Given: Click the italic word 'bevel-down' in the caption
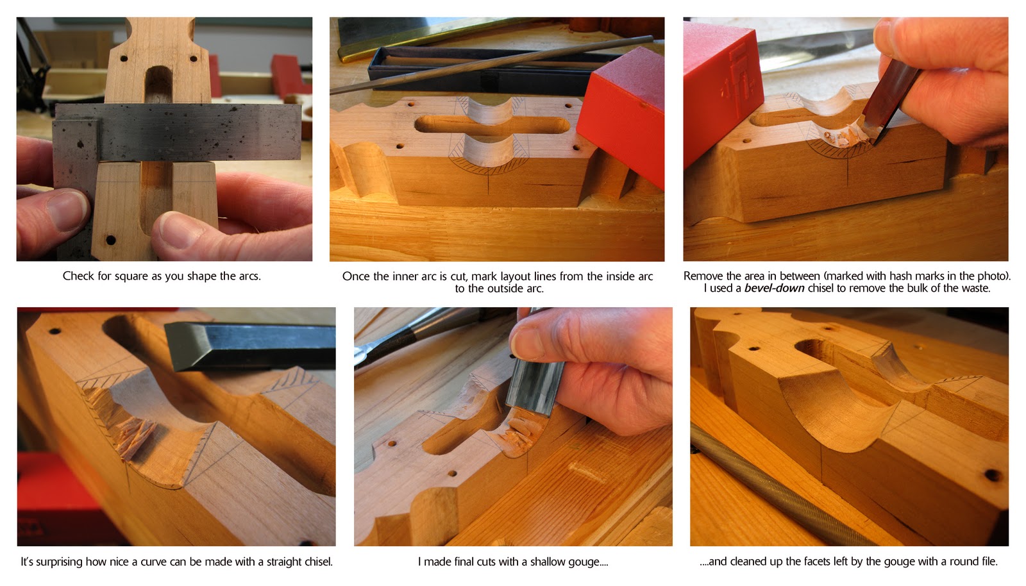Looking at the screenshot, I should point(774,289).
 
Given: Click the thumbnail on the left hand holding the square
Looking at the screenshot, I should point(67,208).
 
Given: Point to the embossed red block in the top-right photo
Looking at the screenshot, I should point(721,83).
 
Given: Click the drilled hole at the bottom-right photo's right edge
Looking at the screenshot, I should point(992,476).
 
